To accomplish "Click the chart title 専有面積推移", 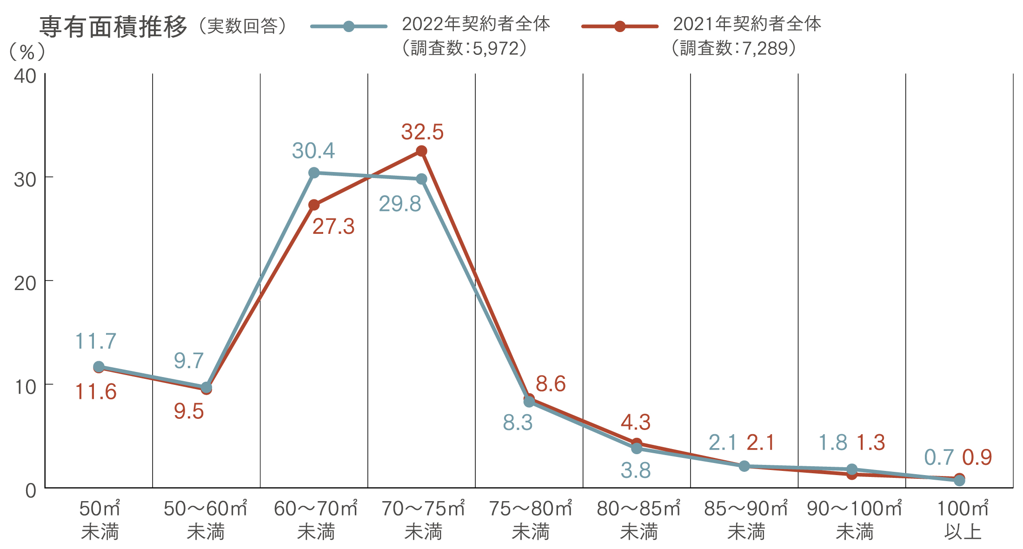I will (x=113, y=26).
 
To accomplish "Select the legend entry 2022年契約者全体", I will (x=476, y=24).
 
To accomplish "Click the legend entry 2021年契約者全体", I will (x=747, y=24).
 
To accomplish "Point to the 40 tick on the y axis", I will (x=25, y=76).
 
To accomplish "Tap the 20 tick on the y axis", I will (x=25, y=283).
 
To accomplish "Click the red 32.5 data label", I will (x=422, y=132).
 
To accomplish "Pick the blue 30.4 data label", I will (x=313, y=151).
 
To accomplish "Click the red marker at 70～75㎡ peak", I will (x=421, y=151).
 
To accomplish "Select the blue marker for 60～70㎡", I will (x=314, y=173).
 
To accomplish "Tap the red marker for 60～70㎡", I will (x=314, y=205).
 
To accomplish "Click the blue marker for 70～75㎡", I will (x=422, y=179).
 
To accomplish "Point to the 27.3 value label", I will (x=333, y=227).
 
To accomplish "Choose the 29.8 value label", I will (x=400, y=204).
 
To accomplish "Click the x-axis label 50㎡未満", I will (x=100, y=520).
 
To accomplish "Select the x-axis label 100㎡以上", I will (x=963, y=520).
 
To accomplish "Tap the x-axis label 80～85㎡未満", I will (x=638, y=520).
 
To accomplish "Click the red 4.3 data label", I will (x=636, y=423).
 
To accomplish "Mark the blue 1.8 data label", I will (x=833, y=443).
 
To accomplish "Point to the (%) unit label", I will (x=27, y=52).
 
